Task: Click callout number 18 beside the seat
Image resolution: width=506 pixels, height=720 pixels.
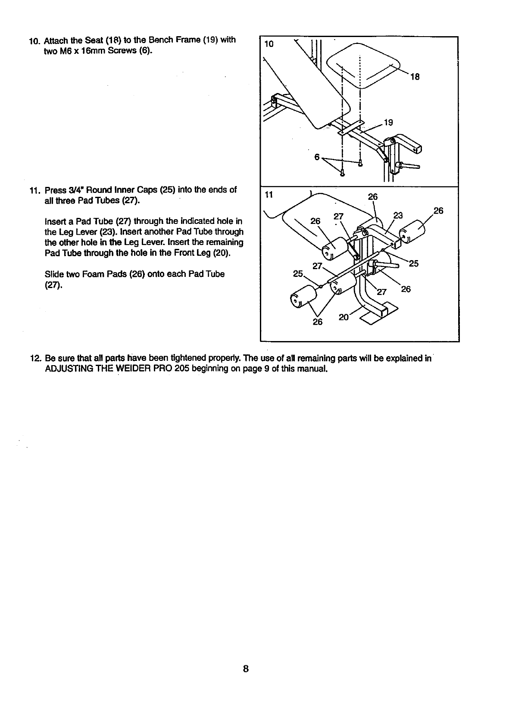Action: [415, 77]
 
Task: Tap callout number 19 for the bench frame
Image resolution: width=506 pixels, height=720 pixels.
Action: [388, 123]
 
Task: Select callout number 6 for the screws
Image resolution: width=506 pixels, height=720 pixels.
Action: [317, 157]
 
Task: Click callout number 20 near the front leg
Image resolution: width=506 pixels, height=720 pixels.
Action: [344, 317]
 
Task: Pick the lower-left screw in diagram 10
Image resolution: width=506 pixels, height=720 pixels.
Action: [342, 174]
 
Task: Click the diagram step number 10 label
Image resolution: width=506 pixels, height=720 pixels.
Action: [269, 43]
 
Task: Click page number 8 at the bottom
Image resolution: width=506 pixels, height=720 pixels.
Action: [245, 669]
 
